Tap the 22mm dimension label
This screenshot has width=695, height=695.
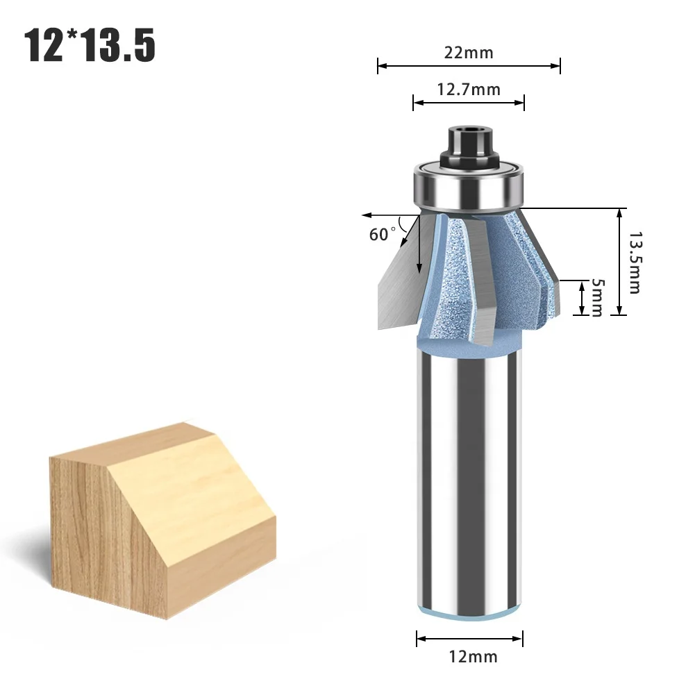469,53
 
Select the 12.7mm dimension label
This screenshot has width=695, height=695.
469,89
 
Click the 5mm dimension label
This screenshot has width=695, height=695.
596,298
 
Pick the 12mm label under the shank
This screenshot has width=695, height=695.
470,656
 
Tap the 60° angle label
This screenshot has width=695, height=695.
383,234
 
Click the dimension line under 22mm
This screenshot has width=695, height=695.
469,67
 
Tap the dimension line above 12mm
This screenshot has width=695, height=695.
470,637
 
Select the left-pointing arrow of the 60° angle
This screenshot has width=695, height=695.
371,216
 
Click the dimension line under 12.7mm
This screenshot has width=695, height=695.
469,103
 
